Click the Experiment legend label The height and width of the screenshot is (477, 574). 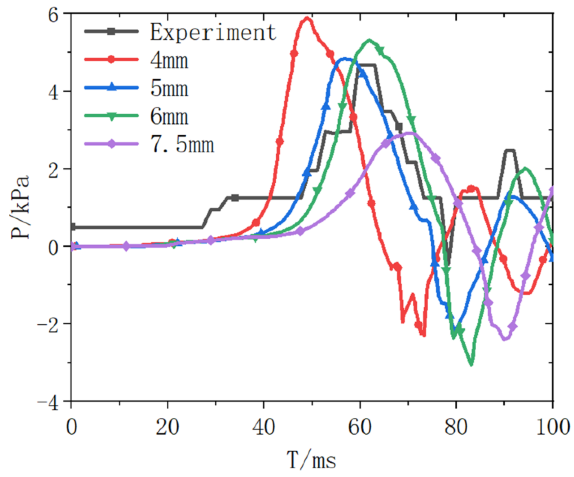coord(213,32)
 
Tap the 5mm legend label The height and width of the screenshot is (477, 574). coord(169,88)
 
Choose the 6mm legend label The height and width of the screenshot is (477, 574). coord(169,116)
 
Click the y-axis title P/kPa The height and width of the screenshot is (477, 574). coord(20,207)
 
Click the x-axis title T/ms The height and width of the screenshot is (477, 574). coord(311,460)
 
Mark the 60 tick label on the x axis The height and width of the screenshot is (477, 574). coord(360,427)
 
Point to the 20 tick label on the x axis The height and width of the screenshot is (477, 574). coord(167,427)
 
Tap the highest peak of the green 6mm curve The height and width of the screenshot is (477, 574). coord(369,40)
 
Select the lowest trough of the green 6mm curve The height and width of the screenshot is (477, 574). coord(471,364)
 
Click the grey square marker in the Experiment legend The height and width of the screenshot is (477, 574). coord(111,31)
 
